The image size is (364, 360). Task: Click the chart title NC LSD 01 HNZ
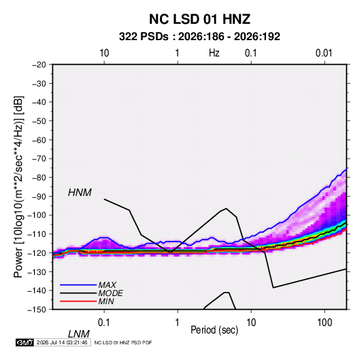pyautogui.click(x=199, y=19)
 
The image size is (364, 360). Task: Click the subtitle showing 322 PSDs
pyautogui.click(x=199, y=37)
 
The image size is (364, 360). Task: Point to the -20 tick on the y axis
pyautogui.click(x=39, y=65)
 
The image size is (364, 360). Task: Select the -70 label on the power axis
pyautogui.click(x=39, y=159)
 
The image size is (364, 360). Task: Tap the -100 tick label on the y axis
pyautogui.click(x=37, y=215)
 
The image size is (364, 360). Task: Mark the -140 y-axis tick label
pyautogui.click(x=37, y=291)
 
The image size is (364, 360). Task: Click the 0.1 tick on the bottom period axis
pyautogui.click(x=104, y=322)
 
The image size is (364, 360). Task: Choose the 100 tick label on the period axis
pyautogui.click(x=325, y=322)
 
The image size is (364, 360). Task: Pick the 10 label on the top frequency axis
pyautogui.click(x=104, y=53)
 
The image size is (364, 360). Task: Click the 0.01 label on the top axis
pyautogui.click(x=324, y=53)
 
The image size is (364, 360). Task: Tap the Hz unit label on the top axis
pyautogui.click(x=214, y=53)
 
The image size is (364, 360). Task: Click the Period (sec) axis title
pyautogui.click(x=214, y=330)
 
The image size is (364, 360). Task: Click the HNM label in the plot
pyautogui.click(x=80, y=193)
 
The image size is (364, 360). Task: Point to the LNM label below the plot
pyautogui.click(x=78, y=334)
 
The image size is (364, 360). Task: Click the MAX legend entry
pyautogui.click(x=107, y=284)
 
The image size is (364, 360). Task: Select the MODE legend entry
pyautogui.click(x=110, y=293)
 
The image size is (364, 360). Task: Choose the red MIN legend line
pyautogui.click(x=78, y=301)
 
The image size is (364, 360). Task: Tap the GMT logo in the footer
pyautogui.click(x=24, y=342)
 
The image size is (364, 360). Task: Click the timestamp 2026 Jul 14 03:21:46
pyautogui.click(x=62, y=342)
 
